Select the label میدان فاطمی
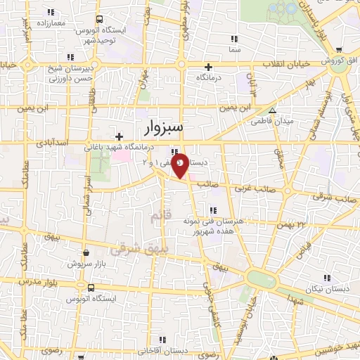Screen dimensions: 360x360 (x=272, y=121)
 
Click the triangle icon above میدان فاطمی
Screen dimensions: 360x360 (x=273, y=110)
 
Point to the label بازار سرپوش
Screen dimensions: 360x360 (x=86, y=264)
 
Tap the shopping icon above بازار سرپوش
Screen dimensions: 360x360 (x=86, y=253)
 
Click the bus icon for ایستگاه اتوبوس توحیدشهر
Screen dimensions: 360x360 (x=99, y=20)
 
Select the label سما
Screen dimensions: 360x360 (x=234, y=51)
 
